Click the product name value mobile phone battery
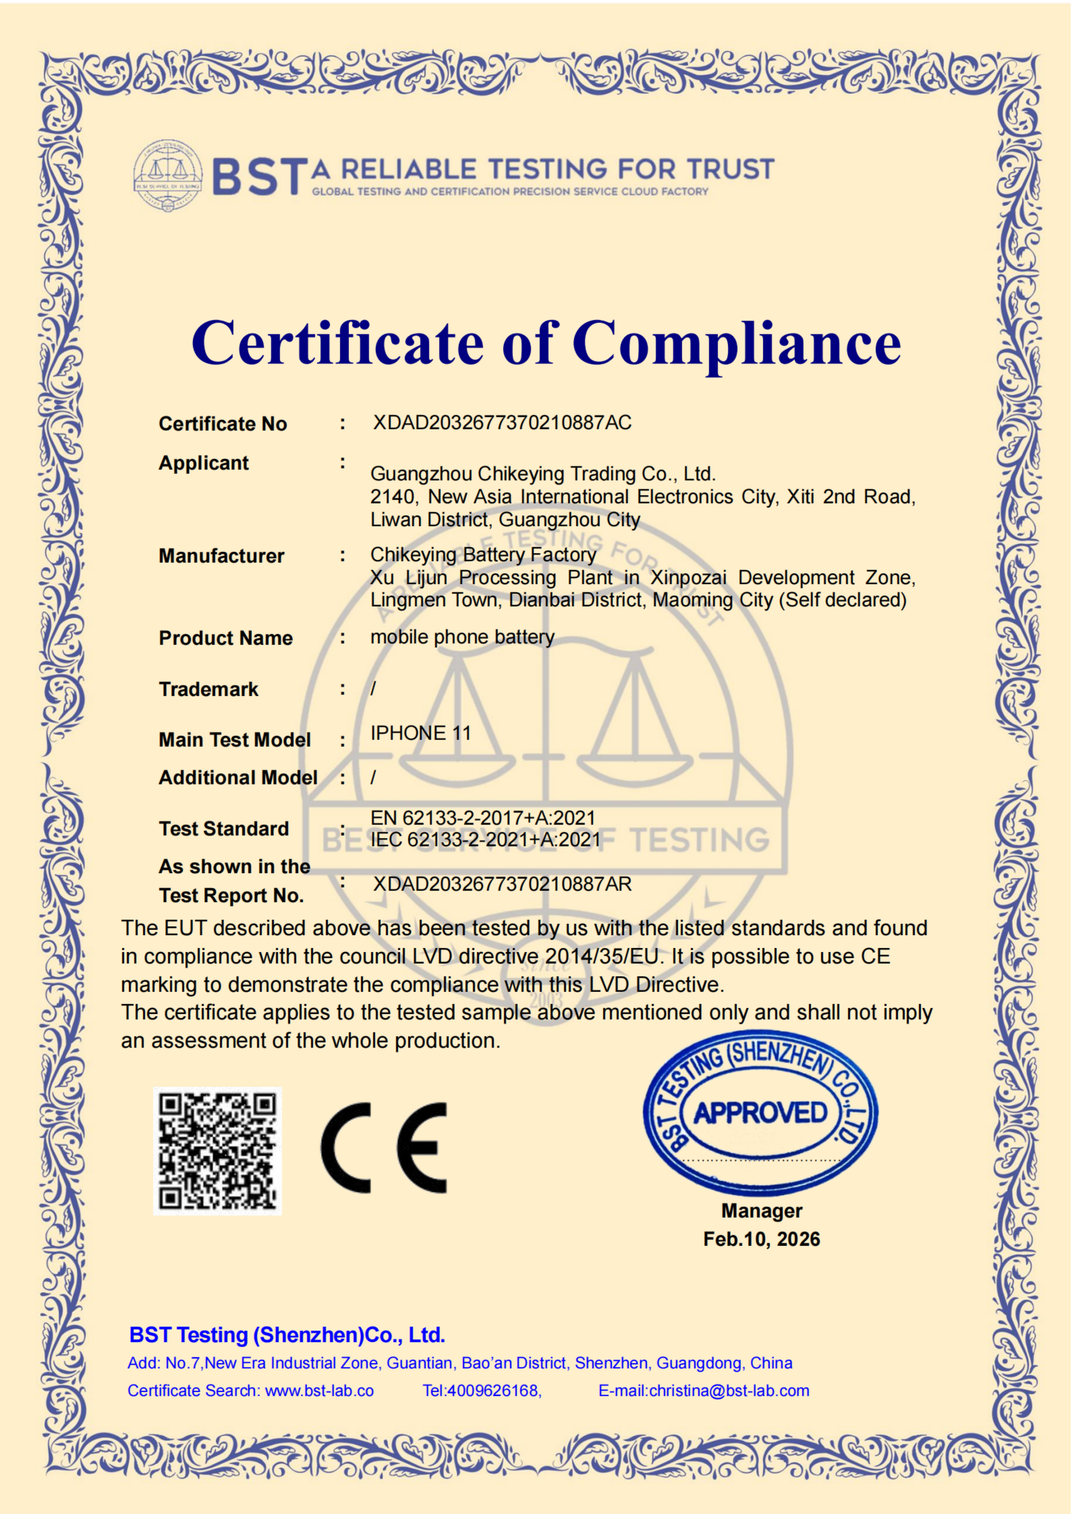[x=462, y=637]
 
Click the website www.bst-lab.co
[x=319, y=1391]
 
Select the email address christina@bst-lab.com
[x=729, y=1391]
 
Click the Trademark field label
[x=208, y=689]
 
